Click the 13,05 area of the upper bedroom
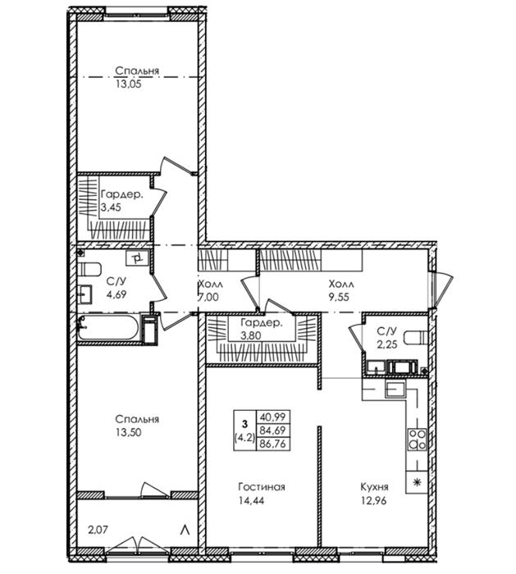(x=129, y=84)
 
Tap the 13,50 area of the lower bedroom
(x=129, y=432)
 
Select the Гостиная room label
(x=262, y=487)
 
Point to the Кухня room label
(x=374, y=487)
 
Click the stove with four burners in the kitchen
(x=417, y=439)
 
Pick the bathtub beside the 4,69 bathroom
(x=108, y=327)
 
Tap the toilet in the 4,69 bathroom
(x=89, y=270)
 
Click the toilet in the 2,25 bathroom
(x=415, y=337)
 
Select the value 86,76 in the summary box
(x=273, y=444)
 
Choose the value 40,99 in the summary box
(x=273, y=417)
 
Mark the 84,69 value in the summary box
(x=273, y=430)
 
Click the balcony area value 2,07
(x=98, y=530)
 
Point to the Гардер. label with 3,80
(x=262, y=323)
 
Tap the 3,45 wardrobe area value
(x=111, y=207)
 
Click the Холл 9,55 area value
(x=339, y=297)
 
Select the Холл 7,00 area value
(x=208, y=297)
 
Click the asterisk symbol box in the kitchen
(x=417, y=482)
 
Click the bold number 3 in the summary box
(x=244, y=424)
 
